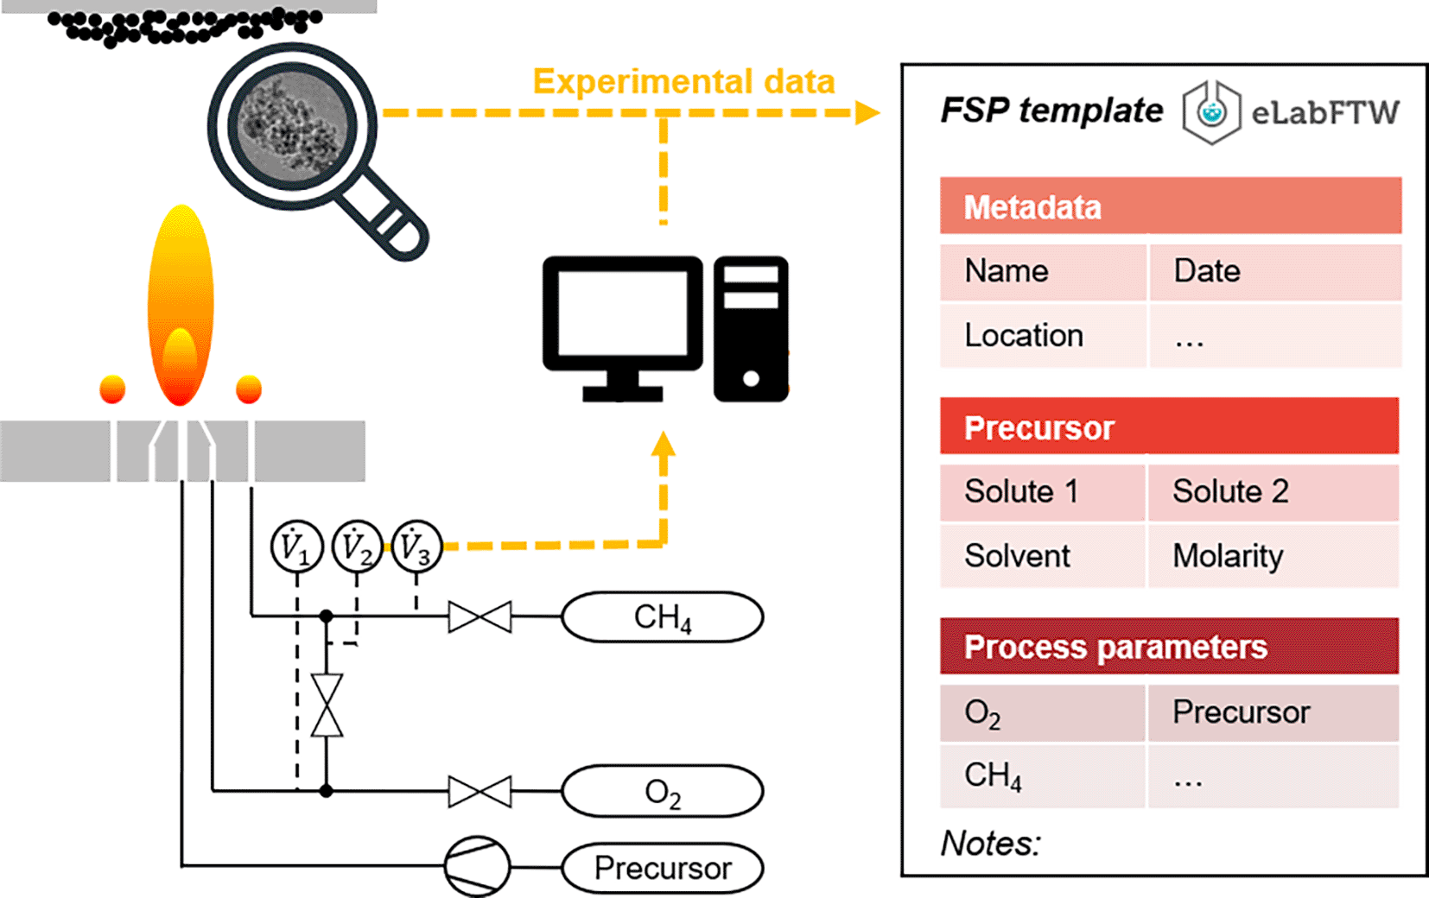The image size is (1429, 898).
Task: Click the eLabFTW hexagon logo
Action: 1211,112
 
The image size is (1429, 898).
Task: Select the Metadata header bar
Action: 1170,206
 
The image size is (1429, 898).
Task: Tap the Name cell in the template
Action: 1043,272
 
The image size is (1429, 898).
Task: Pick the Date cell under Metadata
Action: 1273,272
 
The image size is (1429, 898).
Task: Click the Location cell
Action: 1043,336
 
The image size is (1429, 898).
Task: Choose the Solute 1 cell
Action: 1043,492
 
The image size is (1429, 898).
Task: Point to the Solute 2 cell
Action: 1272,492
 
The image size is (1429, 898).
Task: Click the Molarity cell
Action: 1272,556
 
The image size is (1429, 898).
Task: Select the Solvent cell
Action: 1043,556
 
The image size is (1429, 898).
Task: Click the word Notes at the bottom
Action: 990,844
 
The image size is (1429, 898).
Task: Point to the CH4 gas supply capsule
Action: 662,617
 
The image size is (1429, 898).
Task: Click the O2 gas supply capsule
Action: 662,792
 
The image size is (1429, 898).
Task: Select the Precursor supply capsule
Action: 662,868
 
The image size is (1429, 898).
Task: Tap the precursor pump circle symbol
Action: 477,866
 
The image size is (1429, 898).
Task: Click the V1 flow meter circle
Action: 296,547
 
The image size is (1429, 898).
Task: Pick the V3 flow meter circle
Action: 416,547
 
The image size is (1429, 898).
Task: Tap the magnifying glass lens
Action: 292,126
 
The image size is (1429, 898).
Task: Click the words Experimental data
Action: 683,82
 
